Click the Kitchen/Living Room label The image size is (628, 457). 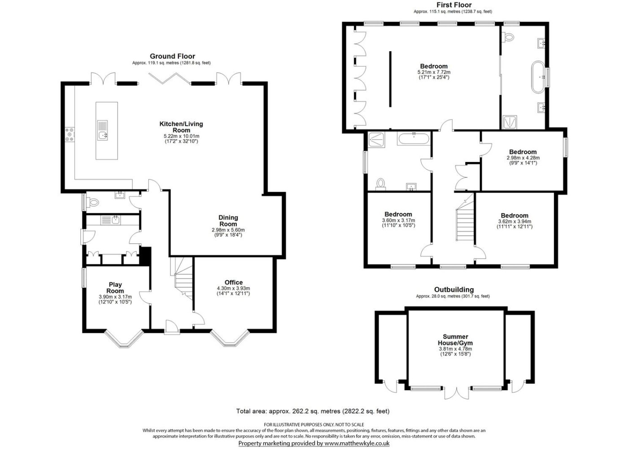[181, 127]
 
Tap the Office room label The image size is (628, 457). [234, 282]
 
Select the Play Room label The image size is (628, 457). [115, 288]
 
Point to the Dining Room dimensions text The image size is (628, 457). [228, 233]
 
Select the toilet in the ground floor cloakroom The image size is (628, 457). [93, 202]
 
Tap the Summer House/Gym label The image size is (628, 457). [455, 340]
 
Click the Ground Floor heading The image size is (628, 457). [172, 56]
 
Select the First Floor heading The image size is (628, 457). [454, 5]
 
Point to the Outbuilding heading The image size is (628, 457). [454, 290]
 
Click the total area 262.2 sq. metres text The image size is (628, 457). [313, 411]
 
